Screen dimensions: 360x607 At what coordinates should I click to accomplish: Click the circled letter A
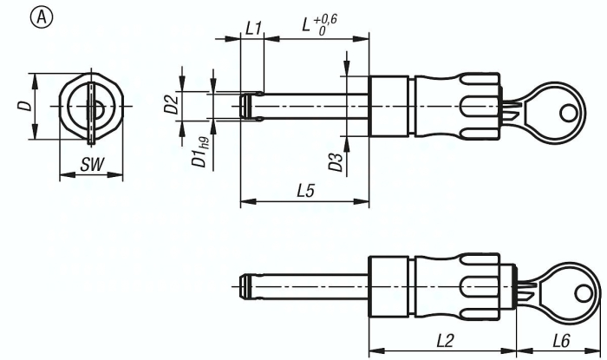click(14, 16)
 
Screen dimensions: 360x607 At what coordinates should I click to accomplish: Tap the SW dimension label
click(89, 165)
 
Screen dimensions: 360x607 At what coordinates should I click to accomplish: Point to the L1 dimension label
click(252, 28)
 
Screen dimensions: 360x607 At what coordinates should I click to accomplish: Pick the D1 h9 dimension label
click(201, 150)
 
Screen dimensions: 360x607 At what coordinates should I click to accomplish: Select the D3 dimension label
click(334, 160)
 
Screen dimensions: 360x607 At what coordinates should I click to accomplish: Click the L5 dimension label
click(304, 190)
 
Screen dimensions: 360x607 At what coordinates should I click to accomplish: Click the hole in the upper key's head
click(568, 112)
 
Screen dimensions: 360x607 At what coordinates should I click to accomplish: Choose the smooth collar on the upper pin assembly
click(388, 106)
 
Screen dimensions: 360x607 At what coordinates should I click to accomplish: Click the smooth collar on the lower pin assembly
click(388, 284)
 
